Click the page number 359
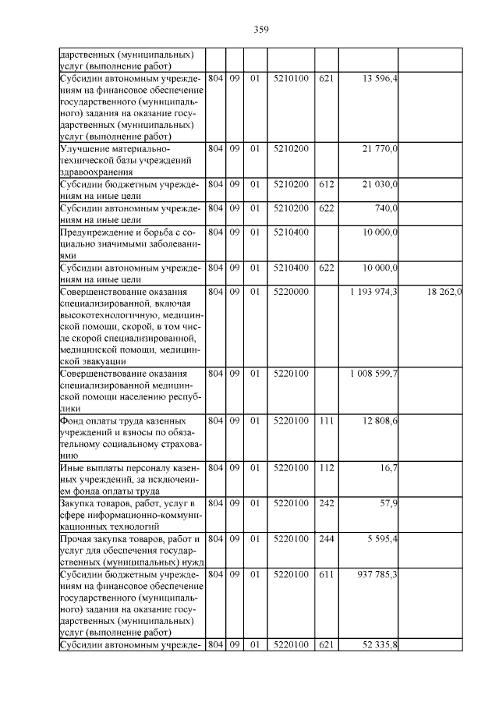261,30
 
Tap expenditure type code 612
326,184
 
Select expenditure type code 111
326,421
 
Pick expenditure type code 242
326,504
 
